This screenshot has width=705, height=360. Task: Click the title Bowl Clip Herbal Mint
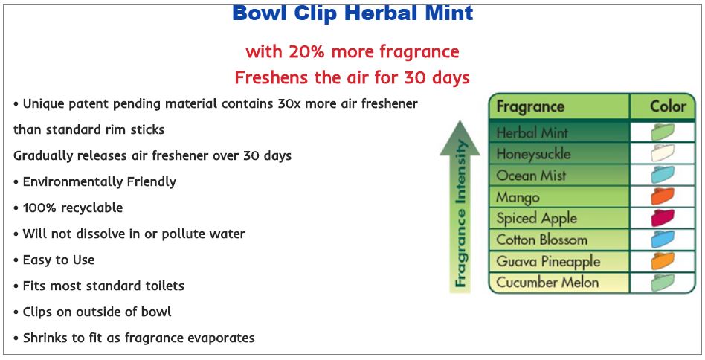352,13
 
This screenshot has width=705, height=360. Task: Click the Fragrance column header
530,107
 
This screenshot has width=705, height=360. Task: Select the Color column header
668,106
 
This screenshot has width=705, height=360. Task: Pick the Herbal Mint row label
532,132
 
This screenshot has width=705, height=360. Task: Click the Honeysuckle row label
533,154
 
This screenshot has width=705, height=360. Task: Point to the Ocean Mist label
530,176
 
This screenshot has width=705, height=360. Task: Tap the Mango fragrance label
518,197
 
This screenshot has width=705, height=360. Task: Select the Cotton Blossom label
542,240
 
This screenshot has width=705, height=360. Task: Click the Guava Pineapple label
548,262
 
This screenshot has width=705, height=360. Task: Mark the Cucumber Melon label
547,282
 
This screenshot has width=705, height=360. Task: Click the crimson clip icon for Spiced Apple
663,218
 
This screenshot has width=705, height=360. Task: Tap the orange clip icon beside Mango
663,197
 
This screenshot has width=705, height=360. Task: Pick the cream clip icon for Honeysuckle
663,153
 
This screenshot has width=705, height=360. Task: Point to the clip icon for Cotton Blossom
663,240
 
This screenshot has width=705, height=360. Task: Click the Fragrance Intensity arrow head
460,138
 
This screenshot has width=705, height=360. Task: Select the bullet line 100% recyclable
68,208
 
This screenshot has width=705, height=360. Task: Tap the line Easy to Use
54,260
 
